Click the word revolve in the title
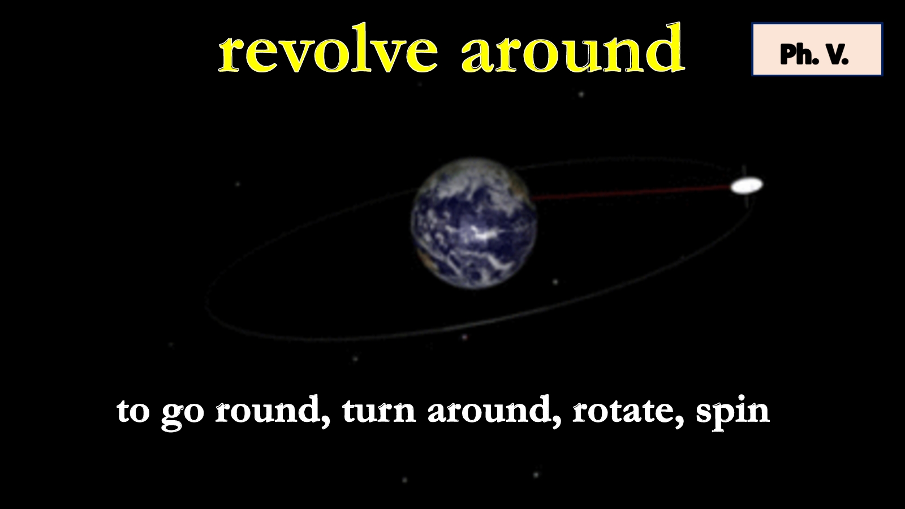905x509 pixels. coord(327,52)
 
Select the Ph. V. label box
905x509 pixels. coord(817,49)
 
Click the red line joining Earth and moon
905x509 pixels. coord(632,192)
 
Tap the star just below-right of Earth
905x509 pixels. coord(555,282)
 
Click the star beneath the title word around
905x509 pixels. coord(581,94)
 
